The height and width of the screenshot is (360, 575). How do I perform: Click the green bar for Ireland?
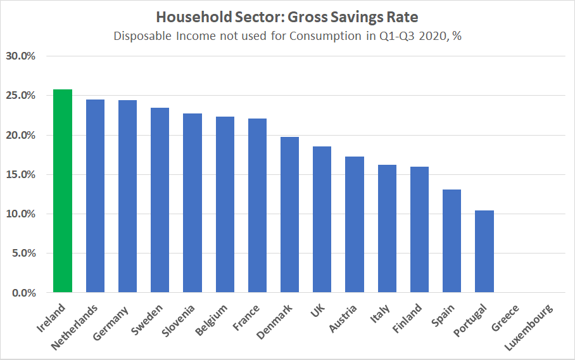(63, 191)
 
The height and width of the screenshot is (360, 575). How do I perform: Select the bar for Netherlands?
(95, 196)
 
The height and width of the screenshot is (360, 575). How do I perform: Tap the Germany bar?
(127, 196)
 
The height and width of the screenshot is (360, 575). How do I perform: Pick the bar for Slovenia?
(193, 203)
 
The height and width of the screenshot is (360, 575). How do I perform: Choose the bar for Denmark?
(289, 215)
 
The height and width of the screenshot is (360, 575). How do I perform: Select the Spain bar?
(452, 241)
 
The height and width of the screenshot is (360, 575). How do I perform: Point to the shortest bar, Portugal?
(484, 252)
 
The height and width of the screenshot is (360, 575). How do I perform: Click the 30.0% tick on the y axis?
(20, 56)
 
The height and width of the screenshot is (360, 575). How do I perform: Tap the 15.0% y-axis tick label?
(20, 174)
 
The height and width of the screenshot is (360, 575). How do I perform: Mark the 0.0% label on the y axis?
(23, 293)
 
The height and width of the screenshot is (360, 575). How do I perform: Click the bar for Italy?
(387, 229)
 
